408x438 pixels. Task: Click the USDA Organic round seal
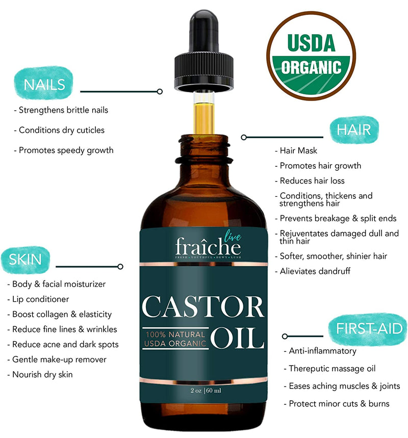(311, 56)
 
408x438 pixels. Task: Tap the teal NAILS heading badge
(43, 83)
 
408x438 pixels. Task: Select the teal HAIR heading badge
(354, 129)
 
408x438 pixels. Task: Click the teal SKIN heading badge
(25, 260)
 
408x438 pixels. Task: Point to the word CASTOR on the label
(203, 307)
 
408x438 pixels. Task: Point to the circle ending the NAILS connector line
(160, 92)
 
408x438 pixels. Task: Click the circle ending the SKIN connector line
(120, 266)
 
